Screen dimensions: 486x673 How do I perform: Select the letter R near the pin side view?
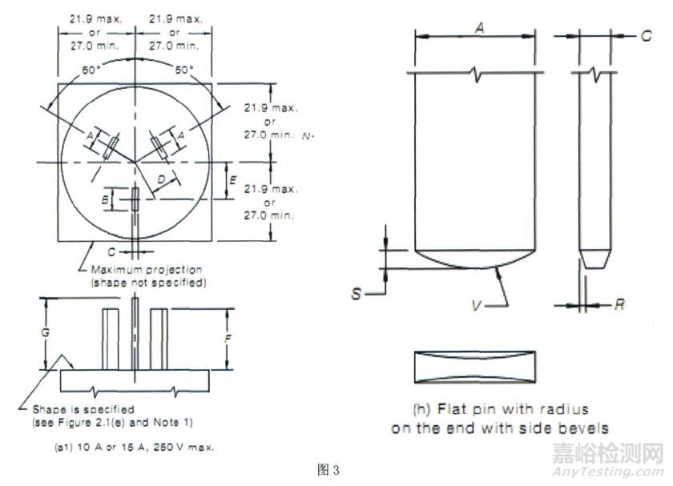coord(619,305)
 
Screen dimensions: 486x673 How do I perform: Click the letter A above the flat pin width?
coord(478,27)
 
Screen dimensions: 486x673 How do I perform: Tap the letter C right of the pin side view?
coord(646,35)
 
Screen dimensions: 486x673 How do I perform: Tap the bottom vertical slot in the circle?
coord(136,199)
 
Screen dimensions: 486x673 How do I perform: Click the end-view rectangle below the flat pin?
coord(474,368)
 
